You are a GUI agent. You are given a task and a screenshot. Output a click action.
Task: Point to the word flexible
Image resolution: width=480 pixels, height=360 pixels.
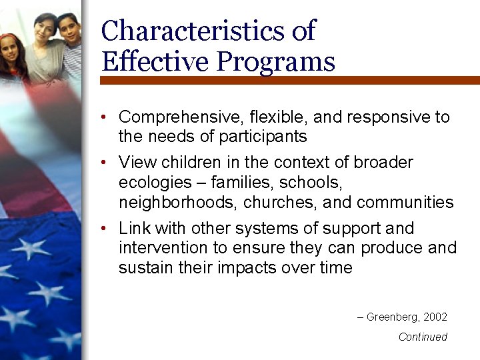point(271,117)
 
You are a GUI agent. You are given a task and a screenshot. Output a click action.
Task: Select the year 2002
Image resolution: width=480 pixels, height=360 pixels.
point(435,317)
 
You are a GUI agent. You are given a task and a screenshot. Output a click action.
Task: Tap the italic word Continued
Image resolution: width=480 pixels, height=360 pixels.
point(423,337)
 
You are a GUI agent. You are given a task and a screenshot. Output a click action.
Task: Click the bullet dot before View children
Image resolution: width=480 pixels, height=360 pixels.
point(105,163)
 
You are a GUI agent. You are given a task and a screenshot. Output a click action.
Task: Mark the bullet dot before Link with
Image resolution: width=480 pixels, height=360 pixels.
point(105,229)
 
